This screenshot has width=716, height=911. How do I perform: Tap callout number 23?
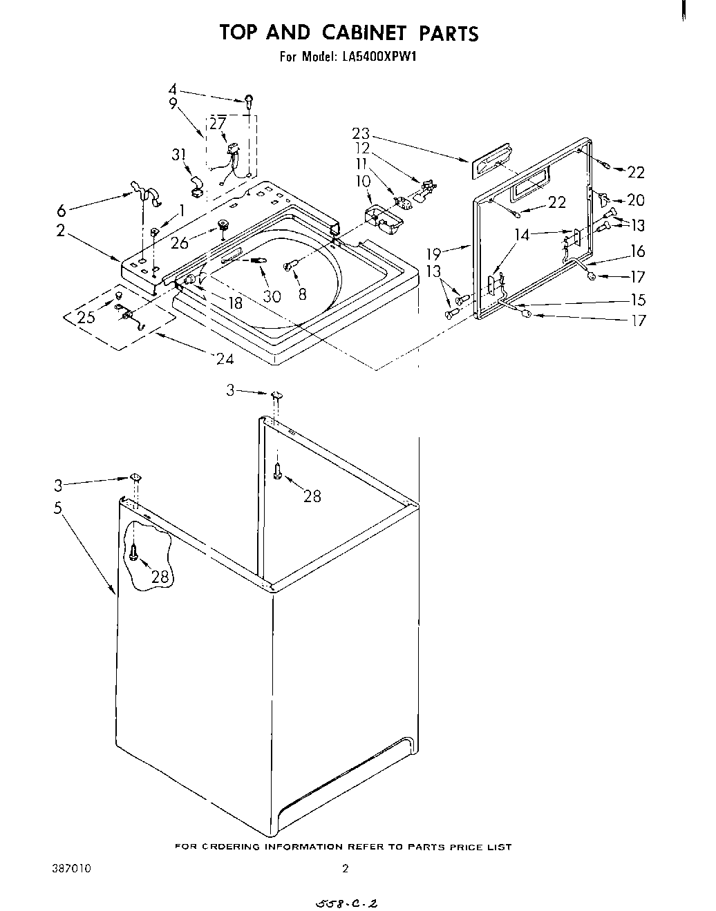pos(360,134)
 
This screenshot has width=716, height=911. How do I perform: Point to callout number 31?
pos(181,155)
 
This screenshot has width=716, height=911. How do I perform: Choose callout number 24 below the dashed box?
pos(225,358)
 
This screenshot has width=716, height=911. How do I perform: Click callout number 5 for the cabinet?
pos(59,508)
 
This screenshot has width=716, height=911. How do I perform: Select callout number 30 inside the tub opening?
pos(272,296)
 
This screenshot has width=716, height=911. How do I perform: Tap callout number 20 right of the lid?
pos(635,200)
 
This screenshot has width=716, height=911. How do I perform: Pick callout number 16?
pos(637,251)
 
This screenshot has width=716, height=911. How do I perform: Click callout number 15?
pos(637,300)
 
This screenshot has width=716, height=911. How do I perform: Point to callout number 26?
pos(179,243)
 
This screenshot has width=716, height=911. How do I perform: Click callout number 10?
pos(363,181)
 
